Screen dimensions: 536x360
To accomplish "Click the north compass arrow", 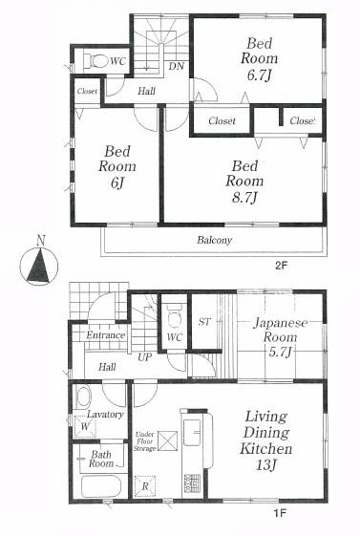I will (x=36, y=265).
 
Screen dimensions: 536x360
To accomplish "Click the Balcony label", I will (x=214, y=240).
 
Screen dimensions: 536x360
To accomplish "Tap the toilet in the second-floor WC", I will (x=95, y=60).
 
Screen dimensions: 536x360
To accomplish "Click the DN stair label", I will (x=177, y=66).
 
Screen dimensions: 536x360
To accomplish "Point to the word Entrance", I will (x=105, y=335).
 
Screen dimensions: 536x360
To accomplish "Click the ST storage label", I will (x=203, y=322).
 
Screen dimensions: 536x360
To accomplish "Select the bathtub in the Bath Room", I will (x=99, y=486).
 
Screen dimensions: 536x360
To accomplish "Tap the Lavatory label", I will (x=106, y=415).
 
